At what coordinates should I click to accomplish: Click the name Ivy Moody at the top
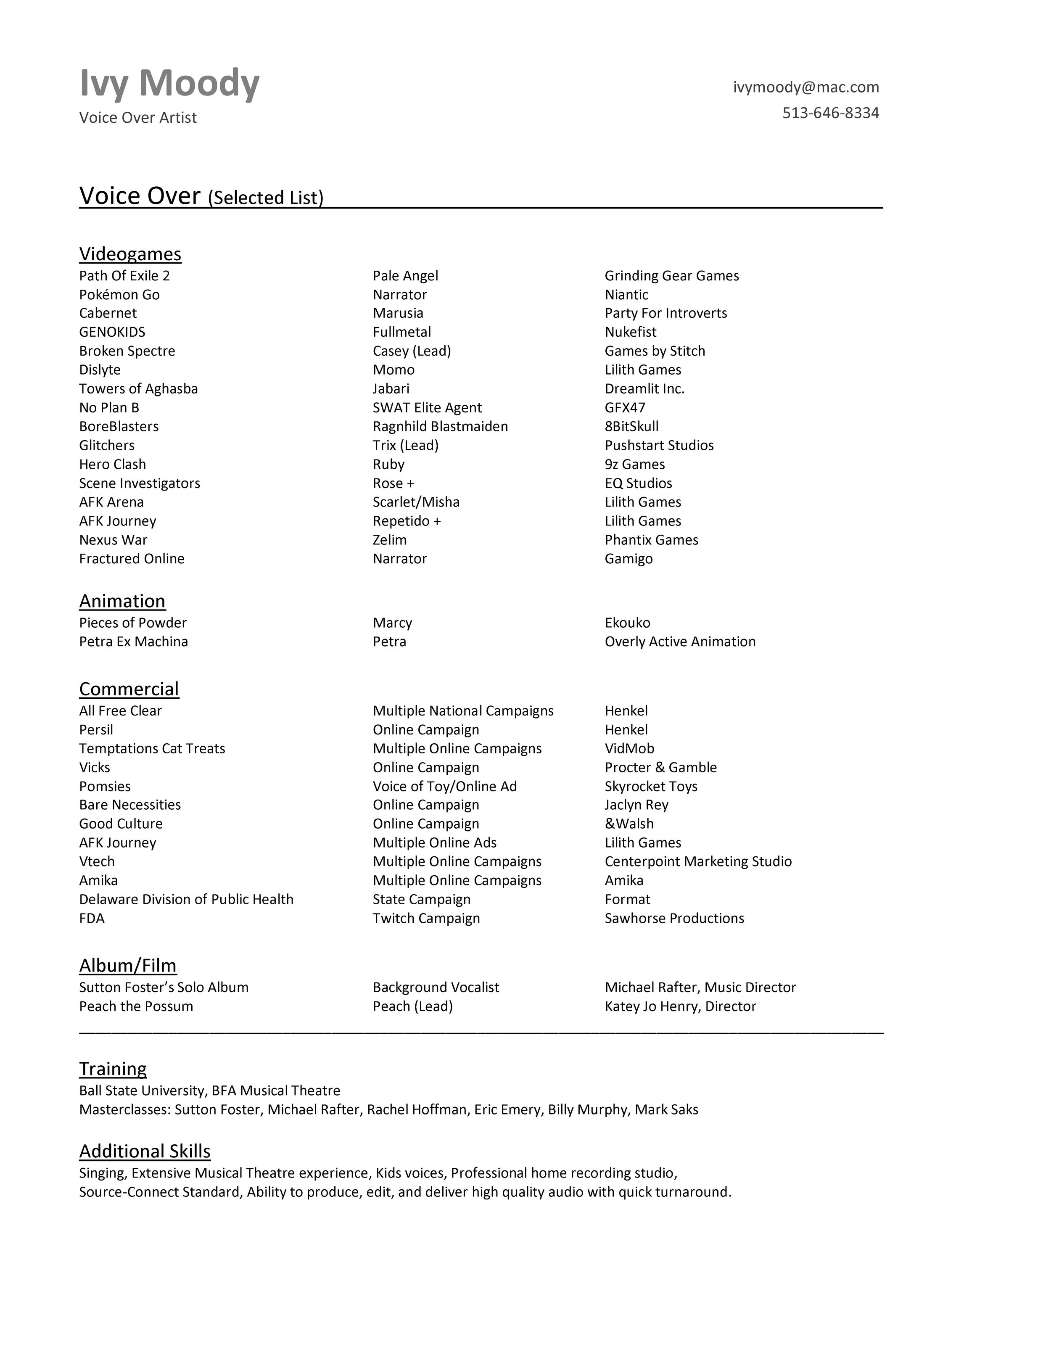[169, 83]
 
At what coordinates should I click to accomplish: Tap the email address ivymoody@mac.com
[805, 87]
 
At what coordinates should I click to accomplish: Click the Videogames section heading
[130, 254]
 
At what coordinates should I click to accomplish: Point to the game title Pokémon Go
[119, 295]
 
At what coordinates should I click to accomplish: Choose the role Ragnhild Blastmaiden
[440, 427]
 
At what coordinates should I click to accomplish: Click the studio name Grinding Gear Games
[672, 276]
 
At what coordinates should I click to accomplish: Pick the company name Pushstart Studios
[659, 445]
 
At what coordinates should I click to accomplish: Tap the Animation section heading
[122, 601]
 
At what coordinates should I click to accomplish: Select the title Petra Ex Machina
[133, 642]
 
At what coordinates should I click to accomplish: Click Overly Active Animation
[680, 642]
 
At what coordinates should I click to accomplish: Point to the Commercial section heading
[129, 689]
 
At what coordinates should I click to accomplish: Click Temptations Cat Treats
[152, 748]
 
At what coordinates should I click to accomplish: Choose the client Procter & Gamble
[660, 767]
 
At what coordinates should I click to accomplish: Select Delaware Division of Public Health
[186, 899]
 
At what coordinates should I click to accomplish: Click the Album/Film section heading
[128, 965]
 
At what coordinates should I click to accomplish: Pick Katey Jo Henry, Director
[680, 1006]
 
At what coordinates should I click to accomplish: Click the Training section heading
[113, 1069]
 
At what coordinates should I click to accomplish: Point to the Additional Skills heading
[145, 1151]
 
